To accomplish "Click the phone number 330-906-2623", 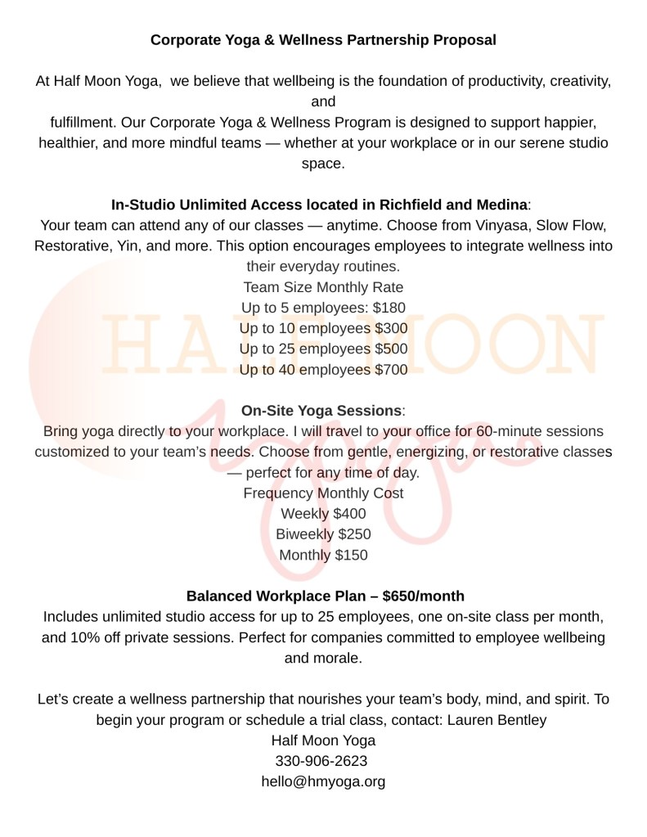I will tap(323, 761).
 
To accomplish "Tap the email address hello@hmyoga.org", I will tap(323, 781).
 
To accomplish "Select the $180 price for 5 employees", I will tap(390, 308).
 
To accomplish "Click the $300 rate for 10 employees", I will tap(391, 329).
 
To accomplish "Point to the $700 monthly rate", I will tap(391, 370).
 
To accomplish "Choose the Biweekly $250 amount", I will tap(354, 534).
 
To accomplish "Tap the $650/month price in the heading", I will tap(423, 596).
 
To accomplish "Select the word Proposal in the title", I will tap(465, 39).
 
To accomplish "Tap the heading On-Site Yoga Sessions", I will tap(321, 411).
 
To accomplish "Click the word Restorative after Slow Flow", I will tap(70, 245).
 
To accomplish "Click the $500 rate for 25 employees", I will tap(391, 349).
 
